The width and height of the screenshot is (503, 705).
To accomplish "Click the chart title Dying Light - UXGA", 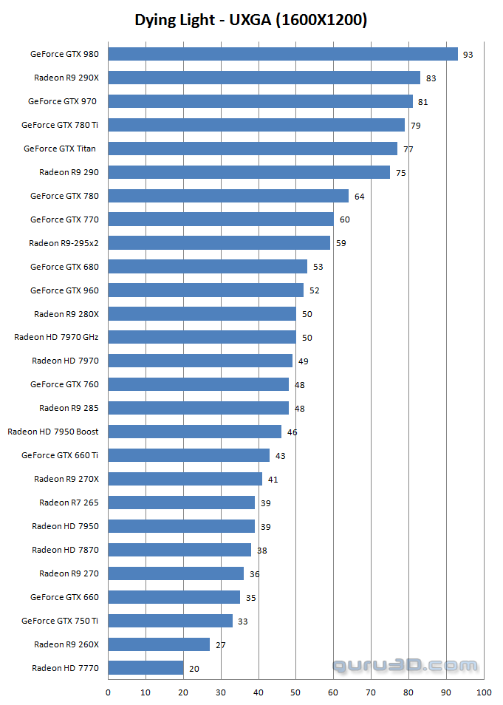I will pyautogui.click(x=251, y=20).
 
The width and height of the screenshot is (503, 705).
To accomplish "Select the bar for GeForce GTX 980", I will pyautogui.click(x=283, y=54).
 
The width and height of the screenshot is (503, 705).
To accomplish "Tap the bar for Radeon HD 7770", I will pyautogui.click(x=146, y=668).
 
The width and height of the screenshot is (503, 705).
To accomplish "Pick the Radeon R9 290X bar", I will pyautogui.click(x=264, y=78).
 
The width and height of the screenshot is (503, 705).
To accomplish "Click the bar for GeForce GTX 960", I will pyautogui.click(x=206, y=290).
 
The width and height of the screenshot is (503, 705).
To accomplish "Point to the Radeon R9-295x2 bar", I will pyautogui.click(x=219, y=243).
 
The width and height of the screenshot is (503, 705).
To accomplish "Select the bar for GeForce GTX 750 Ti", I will pyautogui.click(x=171, y=621).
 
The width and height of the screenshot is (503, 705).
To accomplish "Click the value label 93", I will pyautogui.click(x=468, y=55).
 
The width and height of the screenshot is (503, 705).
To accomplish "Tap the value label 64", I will pyautogui.click(x=359, y=197).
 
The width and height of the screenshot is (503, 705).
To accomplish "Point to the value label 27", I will pyautogui.click(x=220, y=645).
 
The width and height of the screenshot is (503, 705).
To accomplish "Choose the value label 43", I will pyautogui.click(x=280, y=456).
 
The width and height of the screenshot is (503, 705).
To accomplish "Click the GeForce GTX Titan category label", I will pyautogui.click(x=59, y=149).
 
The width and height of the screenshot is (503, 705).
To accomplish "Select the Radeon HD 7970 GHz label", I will pyautogui.click(x=56, y=337).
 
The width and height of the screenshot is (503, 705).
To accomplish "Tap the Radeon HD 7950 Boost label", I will pyautogui.click(x=52, y=432).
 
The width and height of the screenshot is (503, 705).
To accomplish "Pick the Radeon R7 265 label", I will pyautogui.click(x=69, y=503).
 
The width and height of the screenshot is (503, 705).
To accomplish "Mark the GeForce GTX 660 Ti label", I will pyautogui.click(x=60, y=455).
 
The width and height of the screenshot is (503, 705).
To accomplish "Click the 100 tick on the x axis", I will pyautogui.click(x=484, y=692).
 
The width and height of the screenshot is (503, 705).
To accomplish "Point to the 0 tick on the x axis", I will pyautogui.click(x=109, y=692).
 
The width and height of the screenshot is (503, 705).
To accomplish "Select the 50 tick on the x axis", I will pyautogui.click(x=296, y=692).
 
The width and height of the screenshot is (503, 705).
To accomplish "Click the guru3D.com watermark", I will pyautogui.click(x=405, y=666).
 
